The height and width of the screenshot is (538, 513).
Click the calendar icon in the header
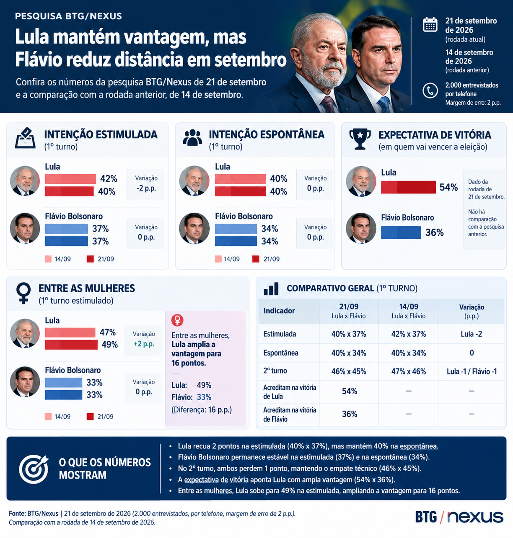coord(430,25)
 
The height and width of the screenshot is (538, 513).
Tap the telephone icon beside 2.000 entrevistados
coord(430,90)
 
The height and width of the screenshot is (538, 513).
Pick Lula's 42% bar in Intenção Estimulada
coord(70,179)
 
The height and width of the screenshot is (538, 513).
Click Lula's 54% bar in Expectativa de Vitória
coord(408,187)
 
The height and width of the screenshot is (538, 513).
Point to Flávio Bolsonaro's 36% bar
coord(401,233)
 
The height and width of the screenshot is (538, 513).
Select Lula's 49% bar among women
coord(71,345)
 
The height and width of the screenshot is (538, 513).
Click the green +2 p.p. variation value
coord(144,344)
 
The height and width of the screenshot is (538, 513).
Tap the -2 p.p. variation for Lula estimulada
coord(146,188)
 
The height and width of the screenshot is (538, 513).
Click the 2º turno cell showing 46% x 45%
coord(349,371)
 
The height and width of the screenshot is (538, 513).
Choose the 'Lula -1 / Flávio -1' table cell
coord(472,371)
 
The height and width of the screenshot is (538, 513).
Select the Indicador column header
coord(279,311)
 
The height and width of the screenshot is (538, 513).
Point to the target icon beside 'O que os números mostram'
coord(34,469)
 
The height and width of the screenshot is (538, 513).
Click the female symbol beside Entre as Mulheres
coord(23,293)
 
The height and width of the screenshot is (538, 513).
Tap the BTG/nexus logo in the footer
coord(459,517)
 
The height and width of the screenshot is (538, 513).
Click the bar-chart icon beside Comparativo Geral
coord(271,289)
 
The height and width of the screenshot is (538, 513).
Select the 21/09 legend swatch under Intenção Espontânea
coord(256,259)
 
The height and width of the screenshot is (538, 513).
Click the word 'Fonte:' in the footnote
coord(18,513)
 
